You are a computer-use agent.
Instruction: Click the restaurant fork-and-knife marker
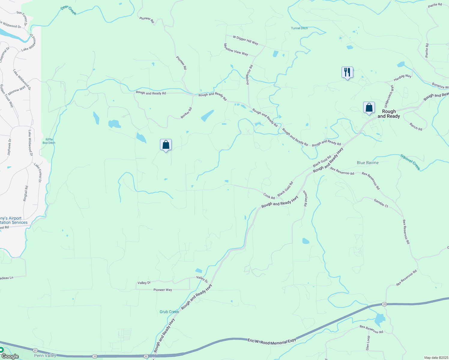point(347,73)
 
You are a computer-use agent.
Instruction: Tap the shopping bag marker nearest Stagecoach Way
point(369,108)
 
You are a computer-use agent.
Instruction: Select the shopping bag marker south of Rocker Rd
point(166,145)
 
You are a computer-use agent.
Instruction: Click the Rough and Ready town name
point(389,114)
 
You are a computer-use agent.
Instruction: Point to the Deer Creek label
point(68,10)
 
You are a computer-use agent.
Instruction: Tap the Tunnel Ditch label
point(299,28)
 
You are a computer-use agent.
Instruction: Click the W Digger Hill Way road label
point(246,40)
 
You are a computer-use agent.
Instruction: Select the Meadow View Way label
point(236,49)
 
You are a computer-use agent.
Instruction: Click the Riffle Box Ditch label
point(49,141)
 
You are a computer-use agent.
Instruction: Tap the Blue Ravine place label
point(368,163)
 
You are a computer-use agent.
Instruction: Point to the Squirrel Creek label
point(410,162)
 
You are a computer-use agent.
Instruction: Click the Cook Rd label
point(269,196)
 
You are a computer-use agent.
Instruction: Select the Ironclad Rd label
point(305,198)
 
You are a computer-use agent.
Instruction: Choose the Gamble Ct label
point(381,203)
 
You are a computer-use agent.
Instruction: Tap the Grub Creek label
point(169,312)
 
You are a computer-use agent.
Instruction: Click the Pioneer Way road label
point(163,290)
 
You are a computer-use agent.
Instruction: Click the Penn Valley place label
point(45,355)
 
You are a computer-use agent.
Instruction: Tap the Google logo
point(10,356)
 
